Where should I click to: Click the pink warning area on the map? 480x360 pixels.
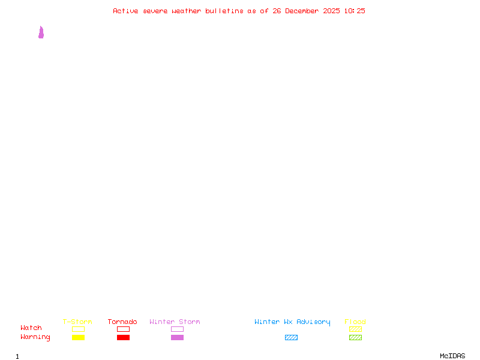[41, 34]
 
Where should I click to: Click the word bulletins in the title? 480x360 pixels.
[224, 11]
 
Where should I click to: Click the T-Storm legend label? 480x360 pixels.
[77, 322]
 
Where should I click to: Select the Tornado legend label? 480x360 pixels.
[122, 322]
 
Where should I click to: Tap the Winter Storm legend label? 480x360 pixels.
[175, 322]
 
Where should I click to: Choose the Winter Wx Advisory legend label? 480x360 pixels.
[292, 322]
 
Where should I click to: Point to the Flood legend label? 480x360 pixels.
[355, 322]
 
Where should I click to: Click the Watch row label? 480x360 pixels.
[31, 328]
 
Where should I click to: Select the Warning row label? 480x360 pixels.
[35, 337]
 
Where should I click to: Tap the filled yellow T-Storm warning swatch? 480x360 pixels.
[78, 338]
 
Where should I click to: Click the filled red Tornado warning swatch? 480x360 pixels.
[123, 338]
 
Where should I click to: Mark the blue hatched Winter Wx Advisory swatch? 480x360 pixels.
[291, 338]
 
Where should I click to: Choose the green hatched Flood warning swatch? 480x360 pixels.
[355, 338]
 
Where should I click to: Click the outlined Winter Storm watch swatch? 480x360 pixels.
[177, 329]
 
